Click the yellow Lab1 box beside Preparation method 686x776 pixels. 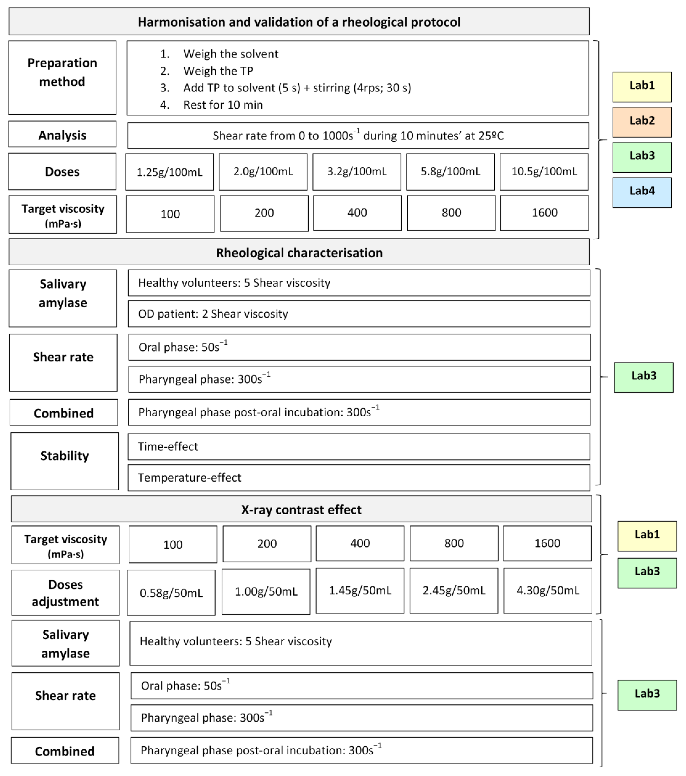(642, 87)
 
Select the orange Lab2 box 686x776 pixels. (642, 122)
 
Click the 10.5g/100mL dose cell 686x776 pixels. (544, 172)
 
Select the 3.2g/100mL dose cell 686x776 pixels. (357, 172)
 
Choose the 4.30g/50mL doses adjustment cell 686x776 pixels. (547, 590)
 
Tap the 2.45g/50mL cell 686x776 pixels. (454, 590)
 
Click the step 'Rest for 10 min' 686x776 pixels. (223, 105)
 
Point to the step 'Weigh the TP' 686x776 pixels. (218, 71)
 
